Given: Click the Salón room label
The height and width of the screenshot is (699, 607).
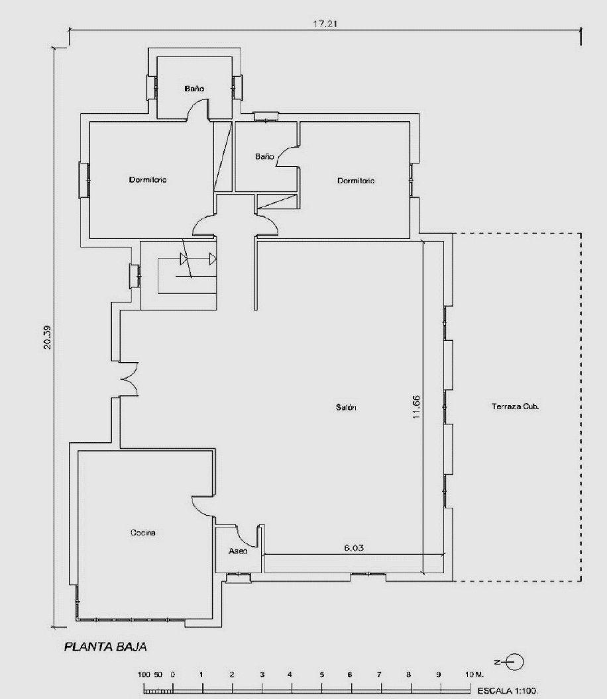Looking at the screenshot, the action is [x=346, y=407].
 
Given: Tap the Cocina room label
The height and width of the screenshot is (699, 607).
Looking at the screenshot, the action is [x=143, y=532].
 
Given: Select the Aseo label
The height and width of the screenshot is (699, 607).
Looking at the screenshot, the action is [x=237, y=551].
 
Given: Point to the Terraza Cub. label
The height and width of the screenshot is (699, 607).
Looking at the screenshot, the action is [x=515, y=406].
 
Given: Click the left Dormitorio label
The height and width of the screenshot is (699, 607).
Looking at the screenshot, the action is [x=148, y=179].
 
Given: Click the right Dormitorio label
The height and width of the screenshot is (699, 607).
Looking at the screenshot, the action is [x=356, y=181].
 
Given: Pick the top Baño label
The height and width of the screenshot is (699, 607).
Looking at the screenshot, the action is [x=194, y=88].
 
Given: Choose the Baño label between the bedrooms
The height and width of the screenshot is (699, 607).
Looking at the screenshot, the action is [x=264, y=156].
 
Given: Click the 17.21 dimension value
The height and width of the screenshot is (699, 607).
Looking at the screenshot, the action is [x=325, y=24].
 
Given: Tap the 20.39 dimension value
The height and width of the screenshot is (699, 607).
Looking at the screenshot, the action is [x=47, y=337].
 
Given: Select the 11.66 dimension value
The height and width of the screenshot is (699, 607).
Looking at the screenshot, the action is [x=416, y=406].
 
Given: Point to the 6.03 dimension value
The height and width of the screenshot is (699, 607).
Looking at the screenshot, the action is [x=354, y=548].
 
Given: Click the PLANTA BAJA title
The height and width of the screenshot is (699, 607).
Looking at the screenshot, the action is [x=105, y=647].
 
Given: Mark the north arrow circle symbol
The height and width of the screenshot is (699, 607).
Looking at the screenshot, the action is [x=515, y=662].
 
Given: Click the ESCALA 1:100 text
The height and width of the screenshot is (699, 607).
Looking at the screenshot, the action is [x=508, y=690].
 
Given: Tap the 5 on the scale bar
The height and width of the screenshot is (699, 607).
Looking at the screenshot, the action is [x=321, y=675].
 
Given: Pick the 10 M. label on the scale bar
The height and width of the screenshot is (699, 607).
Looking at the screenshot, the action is [x=474, y=675].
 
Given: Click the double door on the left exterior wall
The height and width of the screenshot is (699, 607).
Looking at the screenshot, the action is [x=129, y=379].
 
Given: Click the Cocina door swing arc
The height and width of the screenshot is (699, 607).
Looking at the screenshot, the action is [x=203, y=506].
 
